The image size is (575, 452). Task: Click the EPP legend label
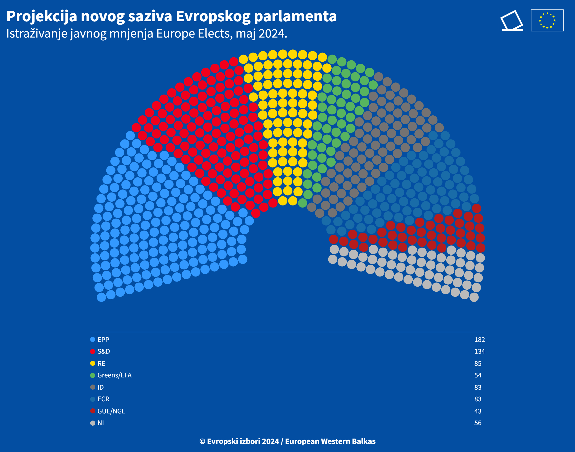[x=103, y=340]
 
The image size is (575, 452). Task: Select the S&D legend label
[x=104, y=352]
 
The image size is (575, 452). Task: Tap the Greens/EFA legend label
[x=114, y=375]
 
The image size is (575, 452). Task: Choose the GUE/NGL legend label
[x=111, y=411]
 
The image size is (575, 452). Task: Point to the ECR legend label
[x=103, y=399]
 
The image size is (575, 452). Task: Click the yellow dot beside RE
[x=93, y=363]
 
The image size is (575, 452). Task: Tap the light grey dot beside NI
[x=93, y=423]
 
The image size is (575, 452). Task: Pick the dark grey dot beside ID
[x=93, y=387]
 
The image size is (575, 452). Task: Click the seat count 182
[x=479, y=340]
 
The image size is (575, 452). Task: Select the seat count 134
[x=479, y=352]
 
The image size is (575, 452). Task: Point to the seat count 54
[x=478, y=375]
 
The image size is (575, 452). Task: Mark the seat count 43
[x=478, y=411]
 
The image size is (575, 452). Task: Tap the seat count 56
[x=478, y=423]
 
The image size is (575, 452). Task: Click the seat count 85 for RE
[x=478, y=363]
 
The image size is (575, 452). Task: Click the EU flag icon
[x=547, y=20]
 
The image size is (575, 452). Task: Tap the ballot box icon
[x=512, y=21]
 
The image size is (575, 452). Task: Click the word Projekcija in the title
[x=42, y=16]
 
